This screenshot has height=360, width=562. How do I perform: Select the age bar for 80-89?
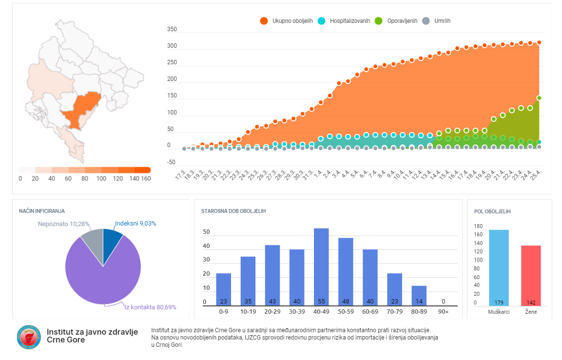[x=419, y=295]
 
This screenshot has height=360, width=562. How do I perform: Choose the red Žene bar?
[x=531, y=276]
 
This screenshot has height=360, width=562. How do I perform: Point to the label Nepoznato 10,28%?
[x=64, y=224]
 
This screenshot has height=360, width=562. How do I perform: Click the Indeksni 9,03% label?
[x=136, y=224]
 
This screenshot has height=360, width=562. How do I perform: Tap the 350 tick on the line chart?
[x=172, y=30]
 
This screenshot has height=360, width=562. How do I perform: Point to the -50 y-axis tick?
[x=171, y=162]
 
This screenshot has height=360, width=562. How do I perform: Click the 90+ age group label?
[x=443, y=312]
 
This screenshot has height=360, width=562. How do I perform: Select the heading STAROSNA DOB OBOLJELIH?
[x=233, y=211]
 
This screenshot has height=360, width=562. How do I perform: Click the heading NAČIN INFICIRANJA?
[x=42, y=211]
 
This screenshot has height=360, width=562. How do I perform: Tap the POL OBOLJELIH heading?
[x=492, y=211]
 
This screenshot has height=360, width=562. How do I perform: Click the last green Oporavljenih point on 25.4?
[x=539, y=98]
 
